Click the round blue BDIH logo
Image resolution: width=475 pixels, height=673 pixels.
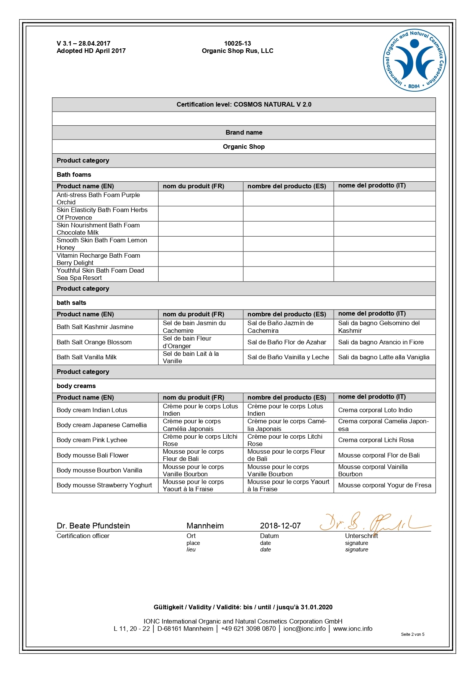pyautogui.click(x=414, y=61)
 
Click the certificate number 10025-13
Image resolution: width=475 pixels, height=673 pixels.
pyautogui.click(x=237, y=44)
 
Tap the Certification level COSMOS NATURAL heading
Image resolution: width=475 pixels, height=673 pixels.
pyautogui.click(x=244, y=104)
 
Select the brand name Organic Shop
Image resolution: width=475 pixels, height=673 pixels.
pyautogui.click(x=244, y=146)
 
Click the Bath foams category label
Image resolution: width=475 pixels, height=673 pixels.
pyautogui.click(x=74, y=174)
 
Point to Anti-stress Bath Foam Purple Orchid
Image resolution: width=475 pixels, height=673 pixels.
pyautogui.click(x=98, y=199)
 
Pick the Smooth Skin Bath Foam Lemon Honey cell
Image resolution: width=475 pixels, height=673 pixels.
pyautogui.click(x=102, y=244)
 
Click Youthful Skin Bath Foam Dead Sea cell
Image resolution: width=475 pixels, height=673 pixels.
pyautogui.click(x=100, y=274)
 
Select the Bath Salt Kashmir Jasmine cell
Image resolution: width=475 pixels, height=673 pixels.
pyautogui.click(x=95, y=327)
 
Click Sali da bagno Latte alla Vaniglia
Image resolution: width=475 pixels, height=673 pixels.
pyautogui.click(x=384, y=357)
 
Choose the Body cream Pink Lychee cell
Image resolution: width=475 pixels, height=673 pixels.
pyautogui.click(x=92, y=440)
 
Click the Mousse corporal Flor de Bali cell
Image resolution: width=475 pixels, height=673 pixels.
pyautogui.click(x=379, y=455)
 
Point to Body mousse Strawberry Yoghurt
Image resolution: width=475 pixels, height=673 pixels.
pyautogui.click(x=104, y=485)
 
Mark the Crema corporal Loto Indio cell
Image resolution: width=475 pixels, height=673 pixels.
pyautogui.click(x=375, y=410)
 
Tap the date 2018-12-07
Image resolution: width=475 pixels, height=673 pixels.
pyautogui.click(x=280, y=526)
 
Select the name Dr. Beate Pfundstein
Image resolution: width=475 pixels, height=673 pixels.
pyautogui.click(x=93, y=526)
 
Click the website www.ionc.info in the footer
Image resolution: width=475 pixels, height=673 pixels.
pyautogui.click(x=353, y=629)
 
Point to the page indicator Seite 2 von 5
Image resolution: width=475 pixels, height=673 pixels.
pyautogui.click(x=413, y=634)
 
